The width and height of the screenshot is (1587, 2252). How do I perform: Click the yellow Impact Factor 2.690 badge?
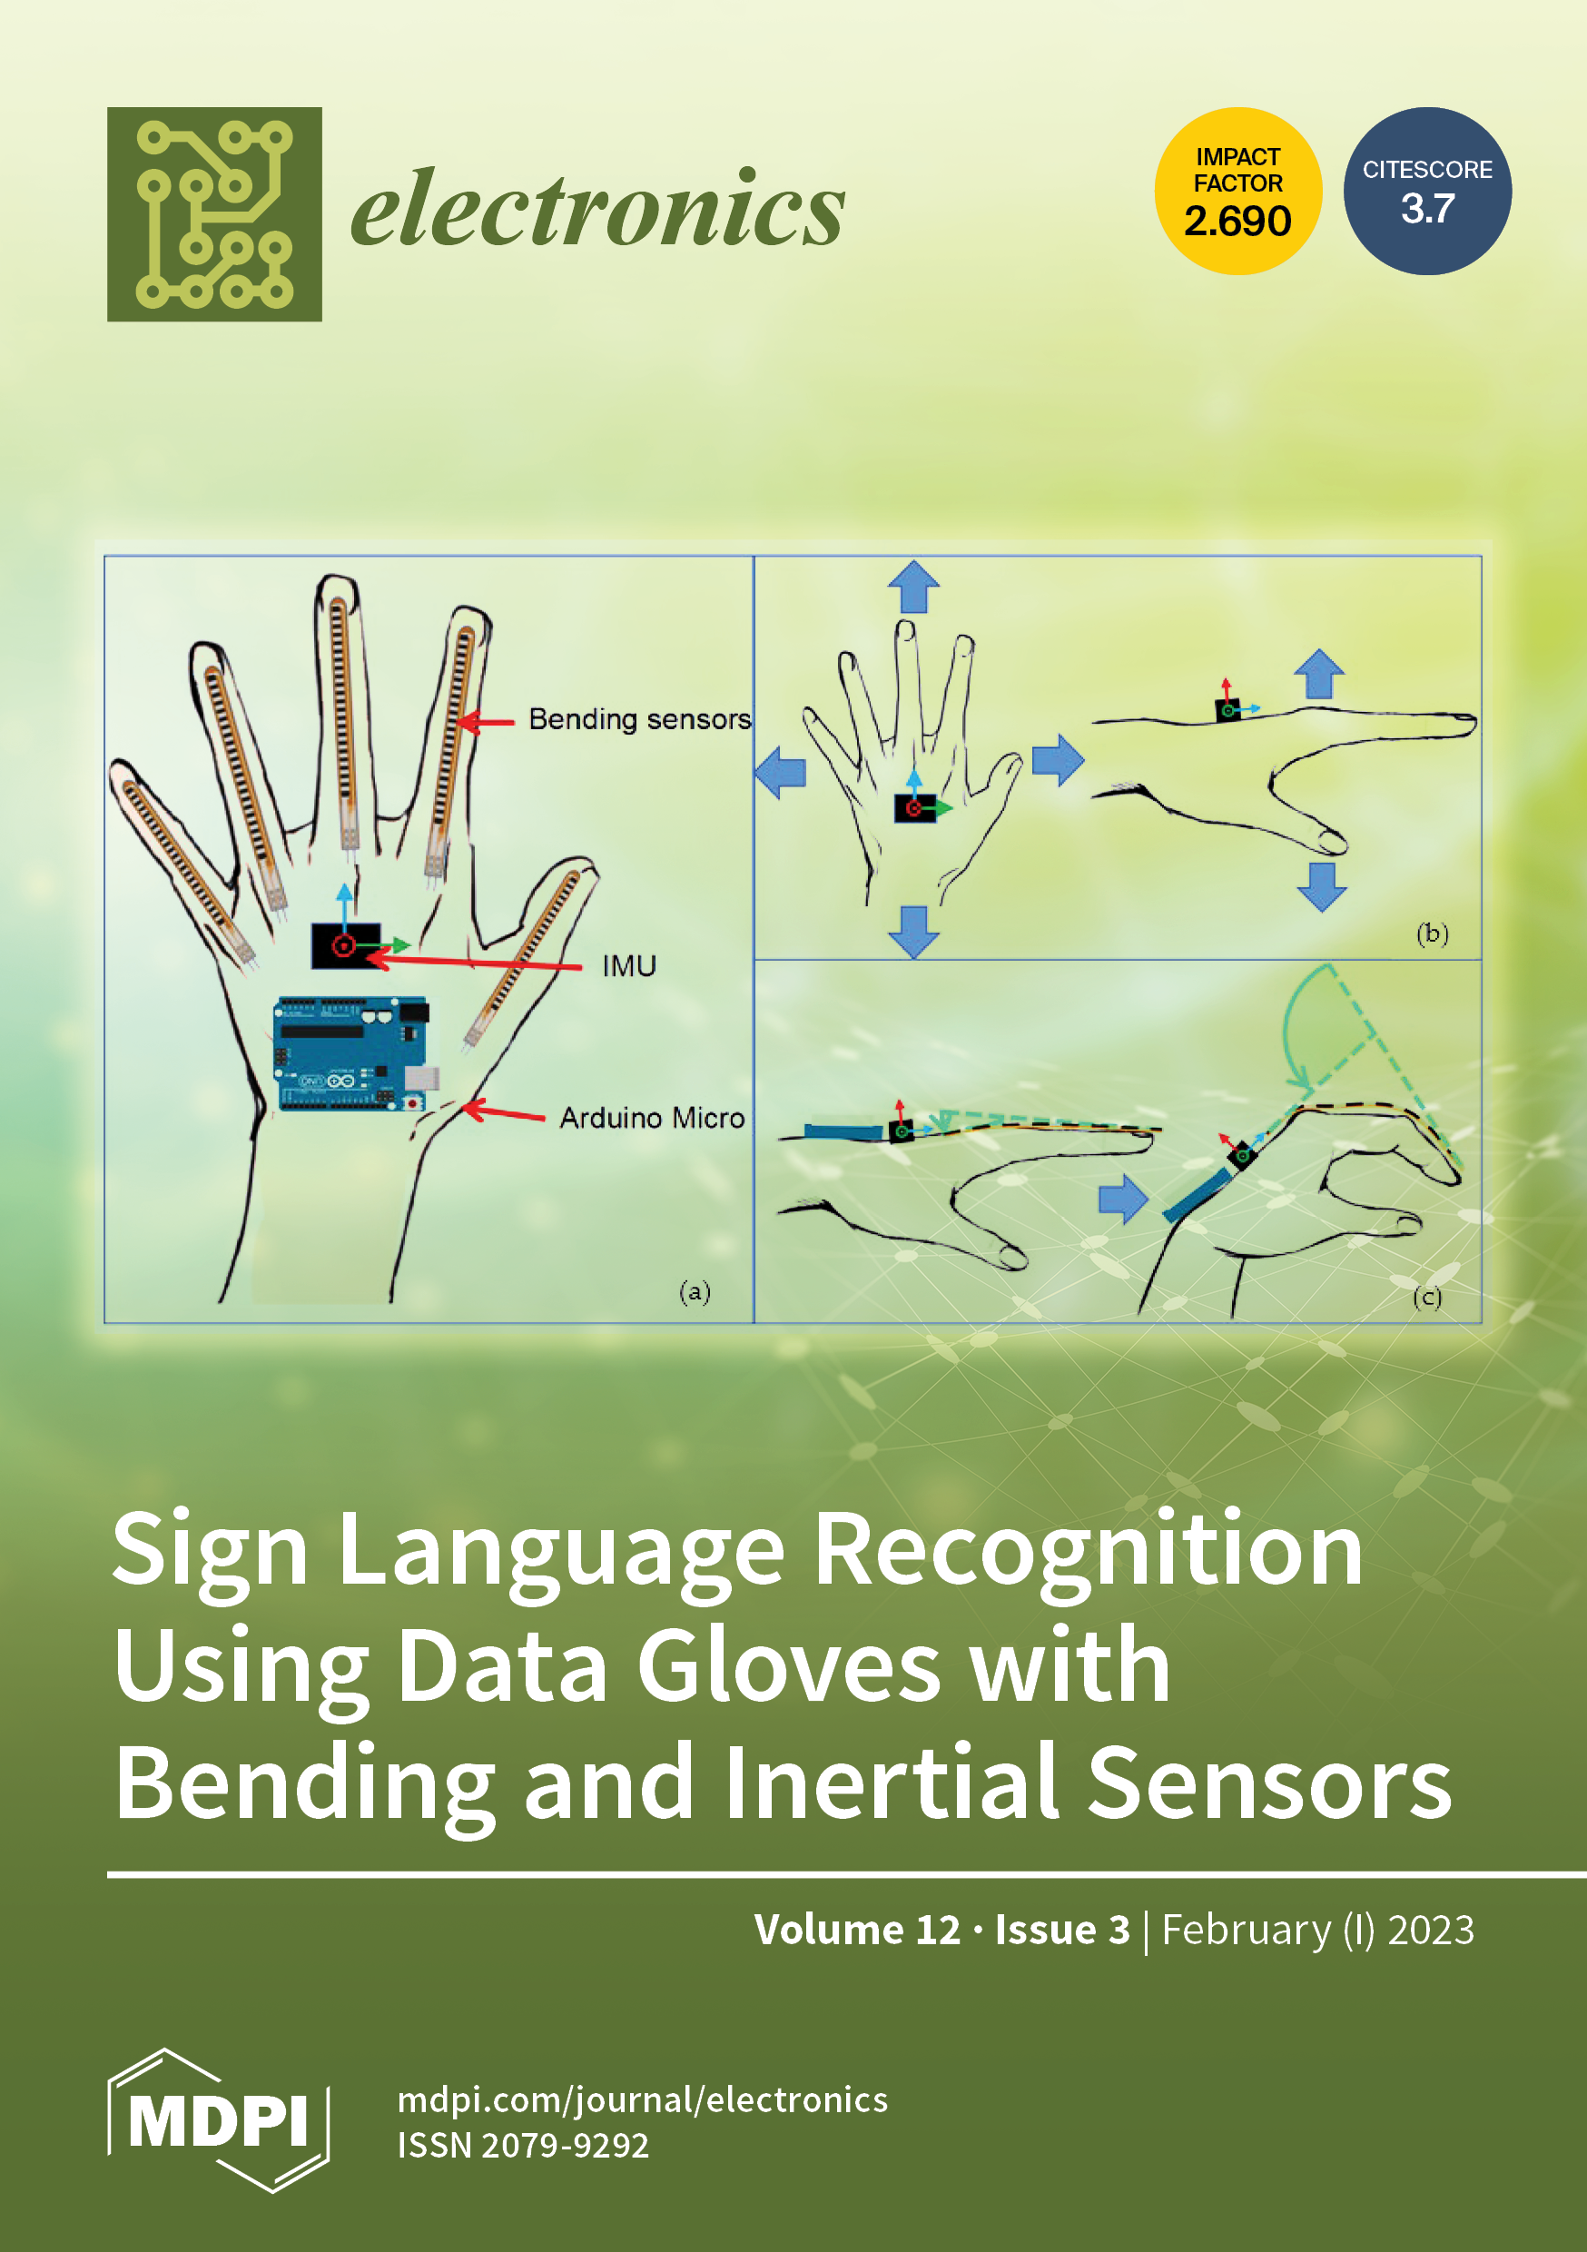tap(1237, 191)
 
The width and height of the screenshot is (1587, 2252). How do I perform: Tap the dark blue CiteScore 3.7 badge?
tap(1426, 191)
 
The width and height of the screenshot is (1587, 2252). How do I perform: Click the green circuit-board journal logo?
tap(214, 213)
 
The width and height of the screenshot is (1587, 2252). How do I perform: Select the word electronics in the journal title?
tap(597, 208)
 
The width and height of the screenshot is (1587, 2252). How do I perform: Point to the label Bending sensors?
tap(639, 719)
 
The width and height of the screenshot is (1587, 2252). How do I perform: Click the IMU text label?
tap(629, 966)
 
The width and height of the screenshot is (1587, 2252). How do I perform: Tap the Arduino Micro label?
tap(651, 1117)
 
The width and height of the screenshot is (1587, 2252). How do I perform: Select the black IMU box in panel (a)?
tap(345, 945)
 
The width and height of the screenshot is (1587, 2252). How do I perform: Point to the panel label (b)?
tap(1432, 933)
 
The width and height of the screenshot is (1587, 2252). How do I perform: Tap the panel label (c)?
tap(1427, 1298)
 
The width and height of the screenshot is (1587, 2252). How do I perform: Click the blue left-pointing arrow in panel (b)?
tap(781, 772)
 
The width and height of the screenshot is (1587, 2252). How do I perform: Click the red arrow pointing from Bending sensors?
tap(486, 722)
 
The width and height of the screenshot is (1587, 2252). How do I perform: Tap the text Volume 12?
tap(856, 1930)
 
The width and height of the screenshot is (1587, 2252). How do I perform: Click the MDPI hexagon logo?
tap(218, 2120)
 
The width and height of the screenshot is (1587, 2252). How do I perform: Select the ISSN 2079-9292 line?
tap(523, 2145)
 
